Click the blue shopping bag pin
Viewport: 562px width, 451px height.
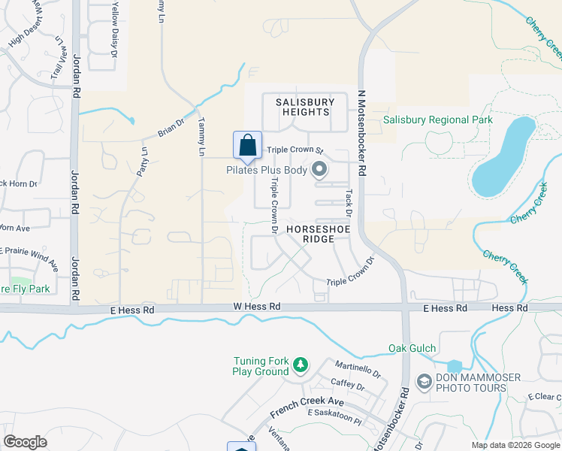(247, 146)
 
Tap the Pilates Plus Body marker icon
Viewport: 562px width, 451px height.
(319, 170)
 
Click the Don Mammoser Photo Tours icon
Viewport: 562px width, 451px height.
(424, 382)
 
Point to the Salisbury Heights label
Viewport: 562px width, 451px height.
(304, 107)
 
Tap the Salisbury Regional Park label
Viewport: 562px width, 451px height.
(437, 120)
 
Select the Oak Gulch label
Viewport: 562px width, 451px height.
(412, 349)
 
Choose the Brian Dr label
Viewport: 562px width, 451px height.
(171, 129)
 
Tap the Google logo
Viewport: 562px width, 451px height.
(26, 442)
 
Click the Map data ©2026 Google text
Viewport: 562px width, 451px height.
(515, 445)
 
